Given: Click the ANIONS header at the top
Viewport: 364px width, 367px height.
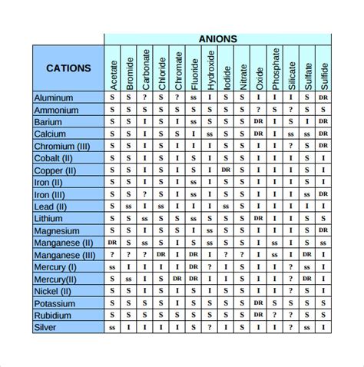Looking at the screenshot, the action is tap(218, 38).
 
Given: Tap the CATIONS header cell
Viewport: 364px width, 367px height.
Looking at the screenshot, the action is tap(68, 68).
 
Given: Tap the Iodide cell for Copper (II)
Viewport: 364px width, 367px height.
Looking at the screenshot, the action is tap(226, 169).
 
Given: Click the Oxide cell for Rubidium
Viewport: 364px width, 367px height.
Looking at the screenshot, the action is tap(259, 315).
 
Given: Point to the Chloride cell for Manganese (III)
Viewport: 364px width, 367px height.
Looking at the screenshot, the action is tap(161, 255).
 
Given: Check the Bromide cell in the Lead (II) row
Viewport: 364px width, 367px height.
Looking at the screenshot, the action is tap(129, 206).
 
